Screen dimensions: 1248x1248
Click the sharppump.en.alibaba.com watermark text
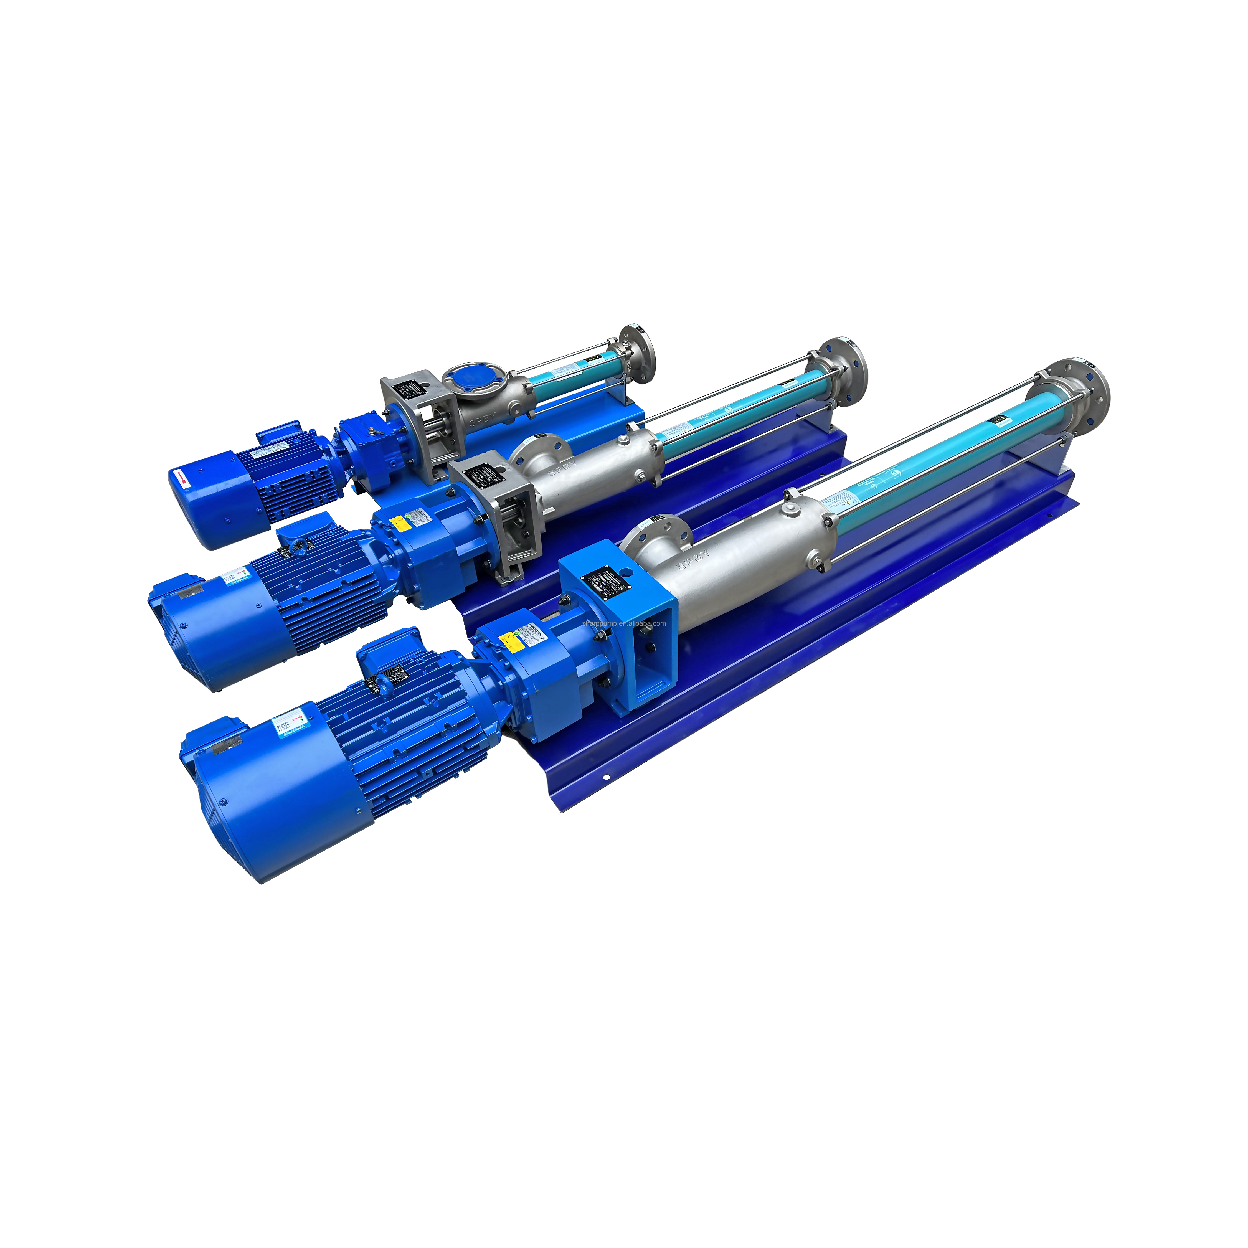[x=623, y=623]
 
